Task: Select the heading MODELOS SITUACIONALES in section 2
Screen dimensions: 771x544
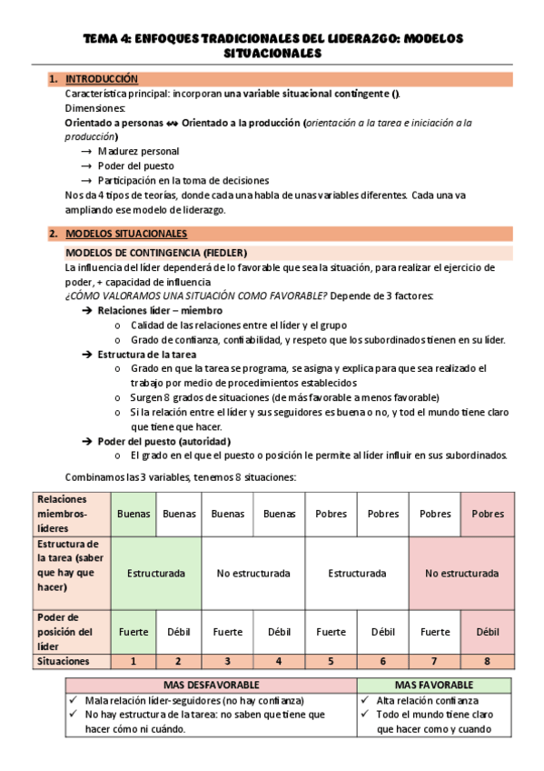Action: point(126,234)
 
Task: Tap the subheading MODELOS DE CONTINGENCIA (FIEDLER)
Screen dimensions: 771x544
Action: point(155,252)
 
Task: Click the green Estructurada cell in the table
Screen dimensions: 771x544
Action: point(156,574)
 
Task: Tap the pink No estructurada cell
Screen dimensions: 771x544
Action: point(461,574)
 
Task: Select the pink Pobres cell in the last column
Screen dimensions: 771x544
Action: point(488,514)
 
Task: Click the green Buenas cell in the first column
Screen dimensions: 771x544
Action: point(134,514)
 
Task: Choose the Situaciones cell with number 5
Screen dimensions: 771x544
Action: point(331,662)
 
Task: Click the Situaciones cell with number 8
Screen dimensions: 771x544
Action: point(488,662)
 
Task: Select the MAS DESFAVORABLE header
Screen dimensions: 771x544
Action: point(211,684)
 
